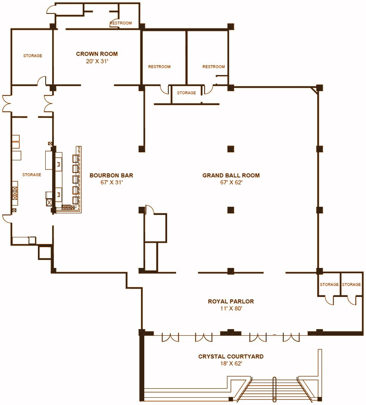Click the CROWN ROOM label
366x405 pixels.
97,54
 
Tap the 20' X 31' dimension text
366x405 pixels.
97,61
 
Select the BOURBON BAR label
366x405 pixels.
111,175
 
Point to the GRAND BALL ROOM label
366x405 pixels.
231,175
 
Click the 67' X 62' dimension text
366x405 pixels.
231,183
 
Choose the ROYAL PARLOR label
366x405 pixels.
231,301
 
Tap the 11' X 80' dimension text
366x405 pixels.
231,308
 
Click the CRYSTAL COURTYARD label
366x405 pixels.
231,356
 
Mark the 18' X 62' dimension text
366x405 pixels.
231,364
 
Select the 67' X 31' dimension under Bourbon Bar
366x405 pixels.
111,183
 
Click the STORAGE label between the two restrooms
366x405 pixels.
186,93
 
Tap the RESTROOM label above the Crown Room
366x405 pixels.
121,23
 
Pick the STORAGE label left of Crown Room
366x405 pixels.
33,56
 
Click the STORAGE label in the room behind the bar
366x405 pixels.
32,175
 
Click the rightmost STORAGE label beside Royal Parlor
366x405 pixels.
351,285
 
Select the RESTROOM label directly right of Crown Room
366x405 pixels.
159,67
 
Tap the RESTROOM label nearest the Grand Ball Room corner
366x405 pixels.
214,67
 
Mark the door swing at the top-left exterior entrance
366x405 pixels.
50,9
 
